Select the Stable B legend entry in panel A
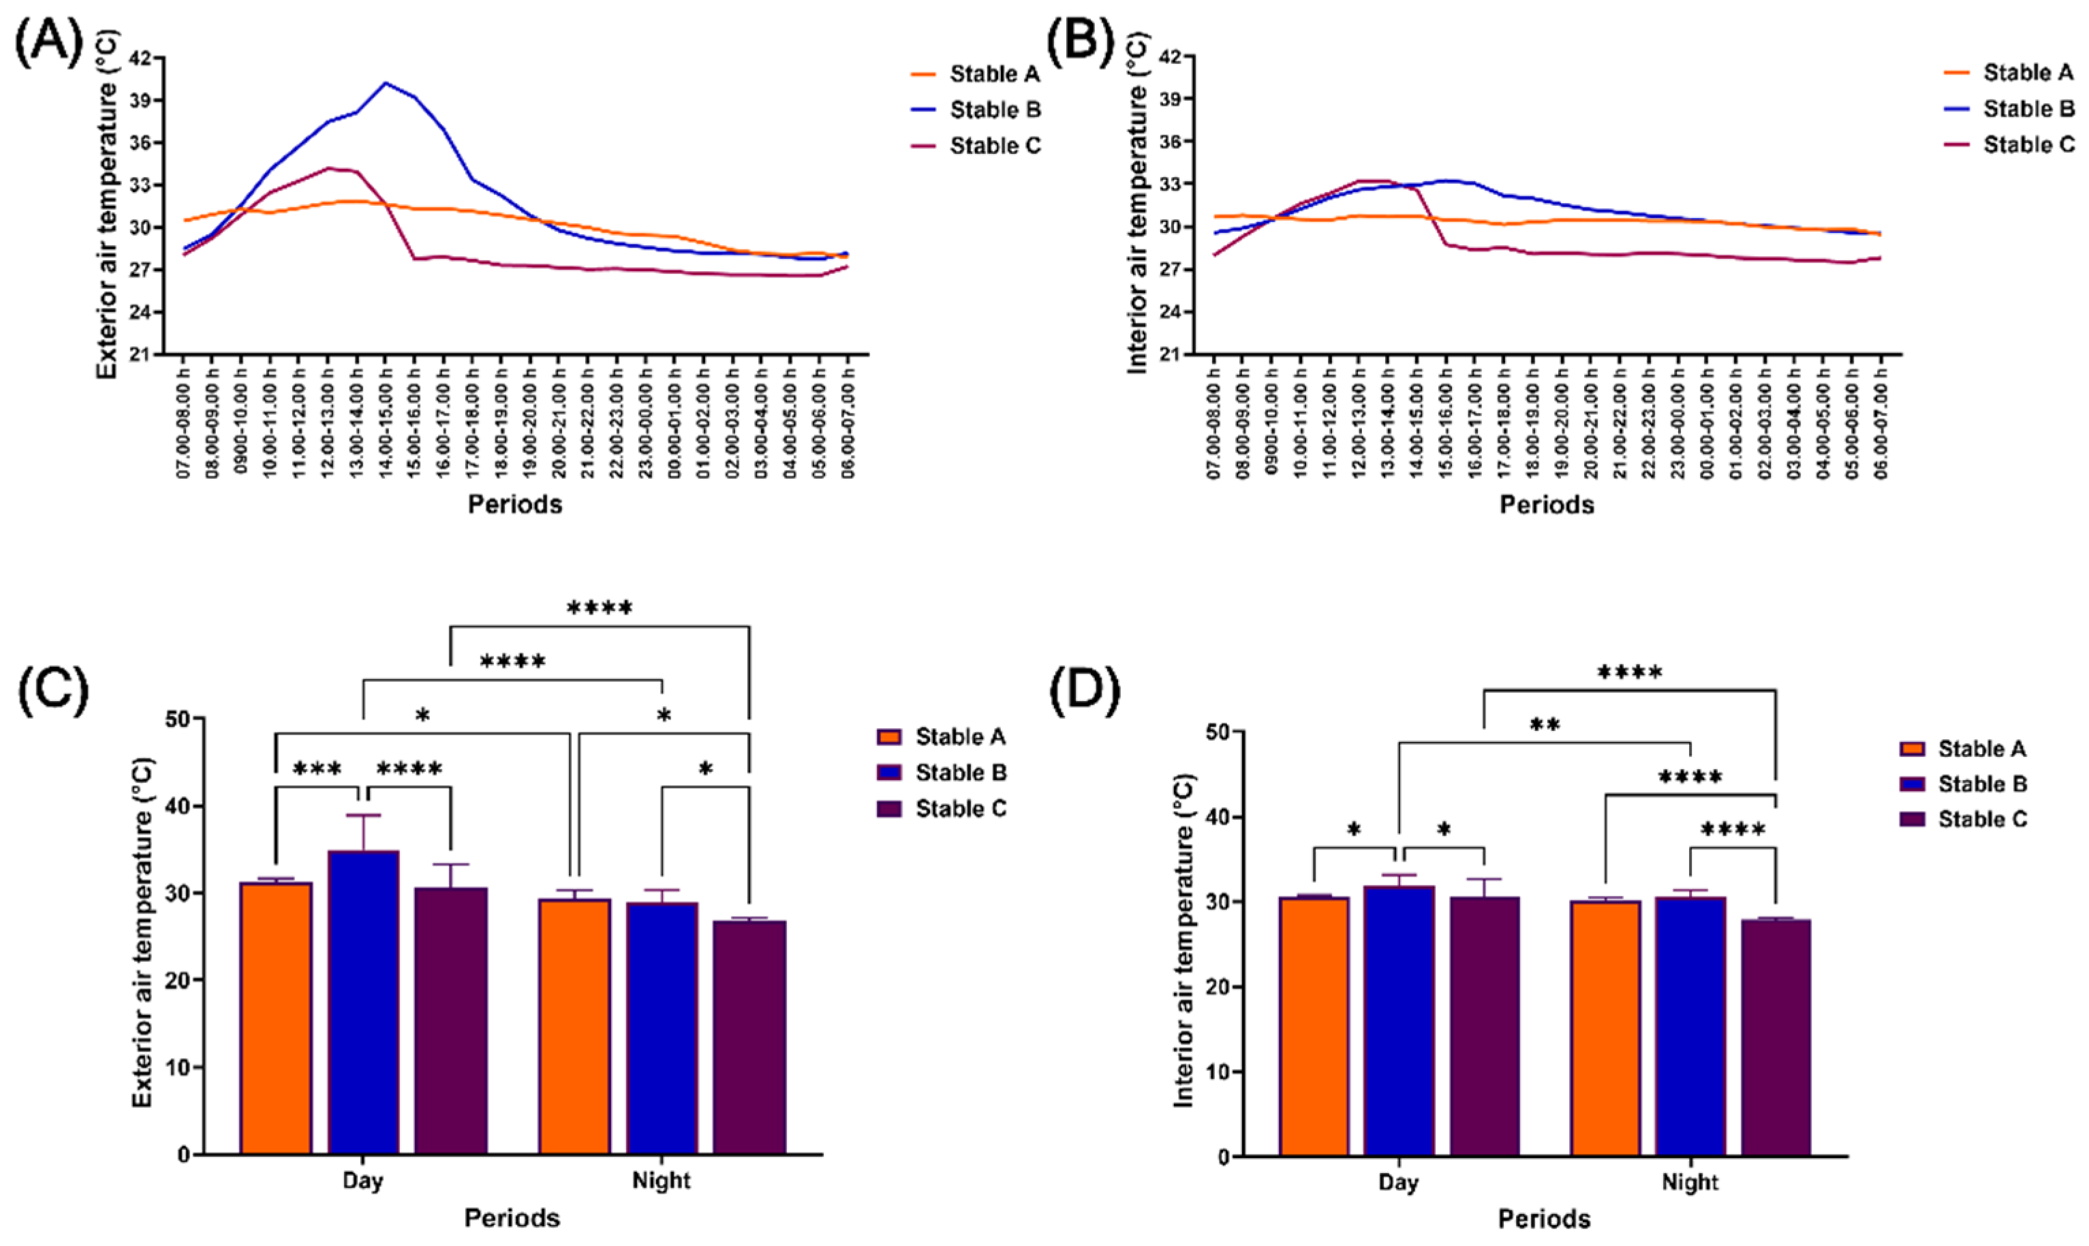[x=995, y=110]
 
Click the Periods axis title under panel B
[x=1547, y=505]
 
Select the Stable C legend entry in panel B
[x=2028, y=145]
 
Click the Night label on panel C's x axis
[x=661, y=1181]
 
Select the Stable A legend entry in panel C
[x=960, y=737]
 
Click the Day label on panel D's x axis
[x=1398, y=1182]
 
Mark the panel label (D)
[x=1085, y=692]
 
